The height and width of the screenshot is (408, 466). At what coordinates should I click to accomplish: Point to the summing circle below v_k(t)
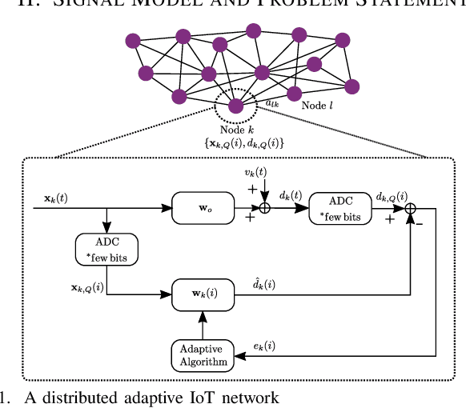tap(265, 208)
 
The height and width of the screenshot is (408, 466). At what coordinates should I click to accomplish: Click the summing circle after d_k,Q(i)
tap(410, 208)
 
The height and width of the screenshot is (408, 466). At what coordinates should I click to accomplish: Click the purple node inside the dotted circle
tap(235, 106)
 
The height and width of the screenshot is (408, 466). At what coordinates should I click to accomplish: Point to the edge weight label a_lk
tap(271, 102)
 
